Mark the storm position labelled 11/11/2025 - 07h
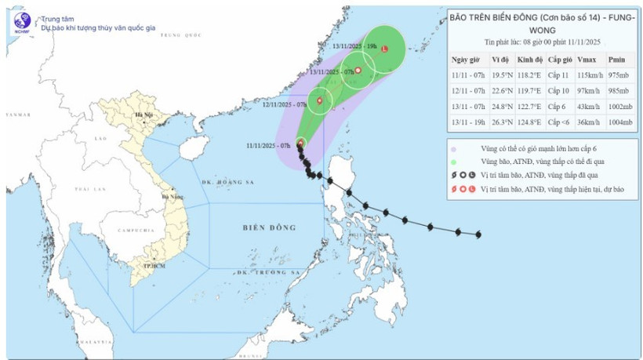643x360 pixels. (x=300, y=143)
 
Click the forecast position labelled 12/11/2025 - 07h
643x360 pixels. (x=319, y=100)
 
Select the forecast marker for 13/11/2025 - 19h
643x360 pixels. (x=384, y=49)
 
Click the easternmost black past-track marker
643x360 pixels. (x=478, y=235)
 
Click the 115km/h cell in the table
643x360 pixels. (x=585, y=75)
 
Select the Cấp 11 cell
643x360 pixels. (x=554, y=75)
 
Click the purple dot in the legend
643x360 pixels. (x=454, y=147)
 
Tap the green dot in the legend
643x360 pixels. (x=454, y=161)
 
